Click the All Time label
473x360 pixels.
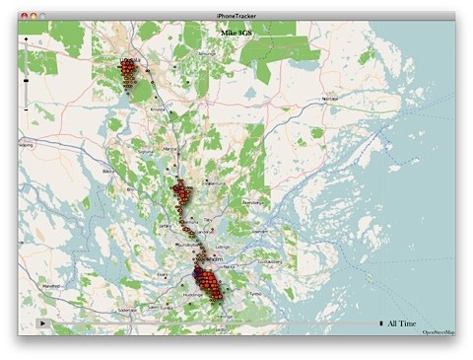click(x=403, y=324)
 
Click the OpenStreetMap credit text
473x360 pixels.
click(x=439, y=333)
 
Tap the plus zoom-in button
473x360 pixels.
click(x=26, y=38)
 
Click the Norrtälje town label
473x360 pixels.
click(x=330, y=99)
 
